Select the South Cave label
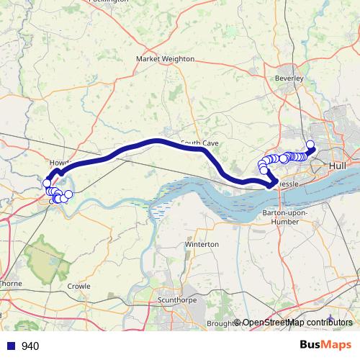(x=200, y=143)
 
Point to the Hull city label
(x=336, y=166)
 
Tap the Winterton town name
(x=202, y=245)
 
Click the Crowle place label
(x=78, y=286)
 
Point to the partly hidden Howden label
(x=57, y=163)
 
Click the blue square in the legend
(x=11, y=346)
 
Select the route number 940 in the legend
(x=30, y=346)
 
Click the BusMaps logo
(x=325, y=346)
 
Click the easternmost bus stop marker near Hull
(x=311, y=145)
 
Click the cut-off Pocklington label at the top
(x=108, y=1)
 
